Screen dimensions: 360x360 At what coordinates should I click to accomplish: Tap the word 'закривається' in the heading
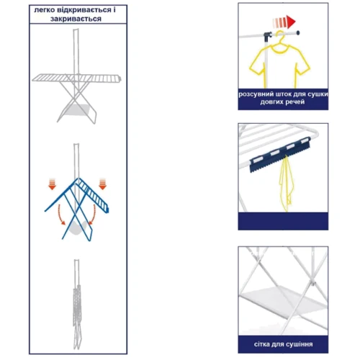coord(76,19)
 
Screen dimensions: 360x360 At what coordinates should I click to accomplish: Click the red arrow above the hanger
coord(284,22)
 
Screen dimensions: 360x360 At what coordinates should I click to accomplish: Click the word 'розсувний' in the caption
coord(256,94)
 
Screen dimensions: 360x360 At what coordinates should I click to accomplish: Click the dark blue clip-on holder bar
coord(280,155)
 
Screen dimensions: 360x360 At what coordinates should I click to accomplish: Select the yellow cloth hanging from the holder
coord(287,184)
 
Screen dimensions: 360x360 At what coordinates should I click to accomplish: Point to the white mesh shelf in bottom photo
coord(283,300)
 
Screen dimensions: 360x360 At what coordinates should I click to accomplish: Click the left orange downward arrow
coord(53,184)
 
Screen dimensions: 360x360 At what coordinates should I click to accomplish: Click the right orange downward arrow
coord(103,184)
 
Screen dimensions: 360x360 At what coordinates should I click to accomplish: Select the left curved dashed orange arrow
coord(60,215)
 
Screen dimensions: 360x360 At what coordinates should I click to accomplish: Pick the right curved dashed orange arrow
coord(92,215)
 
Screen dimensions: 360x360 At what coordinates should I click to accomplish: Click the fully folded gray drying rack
coord(77,305)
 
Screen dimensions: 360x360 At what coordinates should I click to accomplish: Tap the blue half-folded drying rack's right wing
coord(94,194)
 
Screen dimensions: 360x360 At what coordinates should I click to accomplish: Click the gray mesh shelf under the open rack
coord(78,110)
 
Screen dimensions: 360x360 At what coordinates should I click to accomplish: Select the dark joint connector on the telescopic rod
coord(268,37)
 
